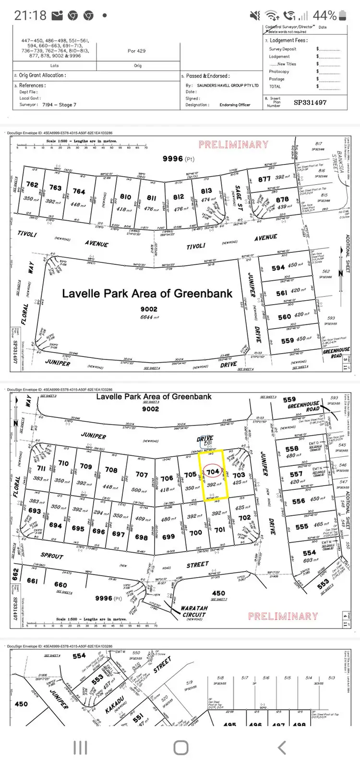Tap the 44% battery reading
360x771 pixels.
coord(324,15)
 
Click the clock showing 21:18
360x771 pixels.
coord(30,15)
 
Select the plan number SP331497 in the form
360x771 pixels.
coord(310,102)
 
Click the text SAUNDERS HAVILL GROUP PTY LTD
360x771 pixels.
coord(228,85)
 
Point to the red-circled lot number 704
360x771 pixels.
coord(213,472)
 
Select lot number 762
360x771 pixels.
coord(32,184)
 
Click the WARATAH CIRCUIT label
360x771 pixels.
coord(194,611)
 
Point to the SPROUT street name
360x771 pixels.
coord(52,555)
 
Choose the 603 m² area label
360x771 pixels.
coord(311,560)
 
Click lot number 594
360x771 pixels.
coord(278,268)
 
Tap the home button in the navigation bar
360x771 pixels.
coord(180,747)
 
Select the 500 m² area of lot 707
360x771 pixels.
coord(140,490)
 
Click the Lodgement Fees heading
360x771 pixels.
coord(288,41)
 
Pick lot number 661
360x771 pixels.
coord(32,581)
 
